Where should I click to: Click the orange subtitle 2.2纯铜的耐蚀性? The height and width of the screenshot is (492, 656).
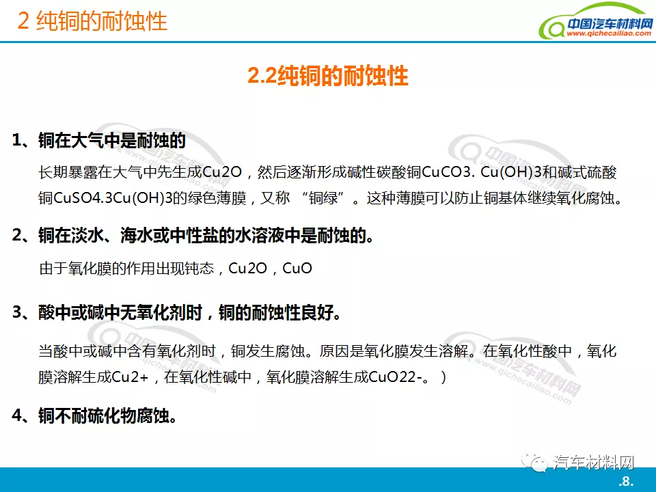(327, 76)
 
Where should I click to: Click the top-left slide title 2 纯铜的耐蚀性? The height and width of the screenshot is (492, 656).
(92, 20)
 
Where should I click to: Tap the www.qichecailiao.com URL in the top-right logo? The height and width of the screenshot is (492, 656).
(609, 33)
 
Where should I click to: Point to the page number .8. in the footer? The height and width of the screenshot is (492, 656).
(626, 481)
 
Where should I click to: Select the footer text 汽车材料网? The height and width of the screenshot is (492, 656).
(593, 463)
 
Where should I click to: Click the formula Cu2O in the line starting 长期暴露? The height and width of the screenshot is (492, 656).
(222, 172)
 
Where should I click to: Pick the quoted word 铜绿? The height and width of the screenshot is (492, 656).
(323, 198)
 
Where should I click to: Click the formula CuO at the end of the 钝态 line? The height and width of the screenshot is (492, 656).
(297, 268)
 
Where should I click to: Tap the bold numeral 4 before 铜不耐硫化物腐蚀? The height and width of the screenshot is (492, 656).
(17, 415)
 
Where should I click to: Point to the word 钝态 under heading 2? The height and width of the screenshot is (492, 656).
(199, 268)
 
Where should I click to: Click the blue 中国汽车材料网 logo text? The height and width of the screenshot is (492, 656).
(610, 23)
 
